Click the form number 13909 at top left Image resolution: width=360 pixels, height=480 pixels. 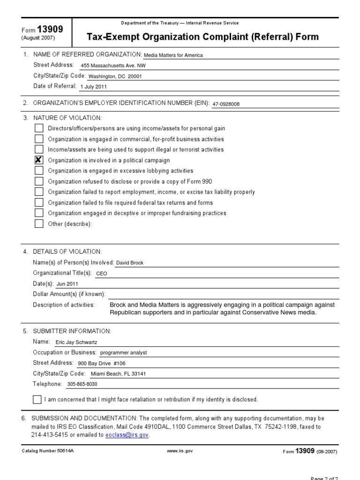[53, 30]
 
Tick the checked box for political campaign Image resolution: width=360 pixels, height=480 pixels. [39, 160]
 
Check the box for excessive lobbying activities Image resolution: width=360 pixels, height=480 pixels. [39, 171]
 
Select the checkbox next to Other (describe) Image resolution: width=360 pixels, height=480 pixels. [39, 224]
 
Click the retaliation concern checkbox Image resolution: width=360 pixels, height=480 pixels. [37, 399]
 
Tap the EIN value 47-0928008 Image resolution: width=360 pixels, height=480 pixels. [226, 104]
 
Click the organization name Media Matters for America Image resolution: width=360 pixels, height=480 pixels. [173, 55]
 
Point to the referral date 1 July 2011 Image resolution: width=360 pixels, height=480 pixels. [94, 87]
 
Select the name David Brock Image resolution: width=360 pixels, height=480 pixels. [130, 263]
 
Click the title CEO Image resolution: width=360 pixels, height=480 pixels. [101, 274]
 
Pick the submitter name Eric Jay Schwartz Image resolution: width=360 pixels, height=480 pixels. [76, 342]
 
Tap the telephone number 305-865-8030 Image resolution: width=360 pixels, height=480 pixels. [83, 384]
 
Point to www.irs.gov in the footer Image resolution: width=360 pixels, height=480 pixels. [180, 451]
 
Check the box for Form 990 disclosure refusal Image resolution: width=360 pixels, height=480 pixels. [39, 181]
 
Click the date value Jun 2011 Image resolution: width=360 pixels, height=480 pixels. [67, 284]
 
